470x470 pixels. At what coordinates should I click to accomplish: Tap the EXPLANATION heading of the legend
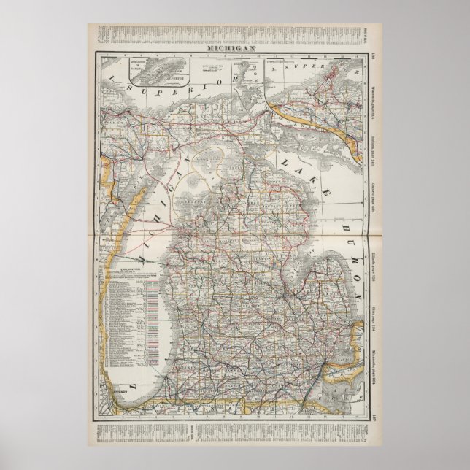[x=125, y=268]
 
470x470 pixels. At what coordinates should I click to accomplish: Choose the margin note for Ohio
[x=371, y=305]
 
